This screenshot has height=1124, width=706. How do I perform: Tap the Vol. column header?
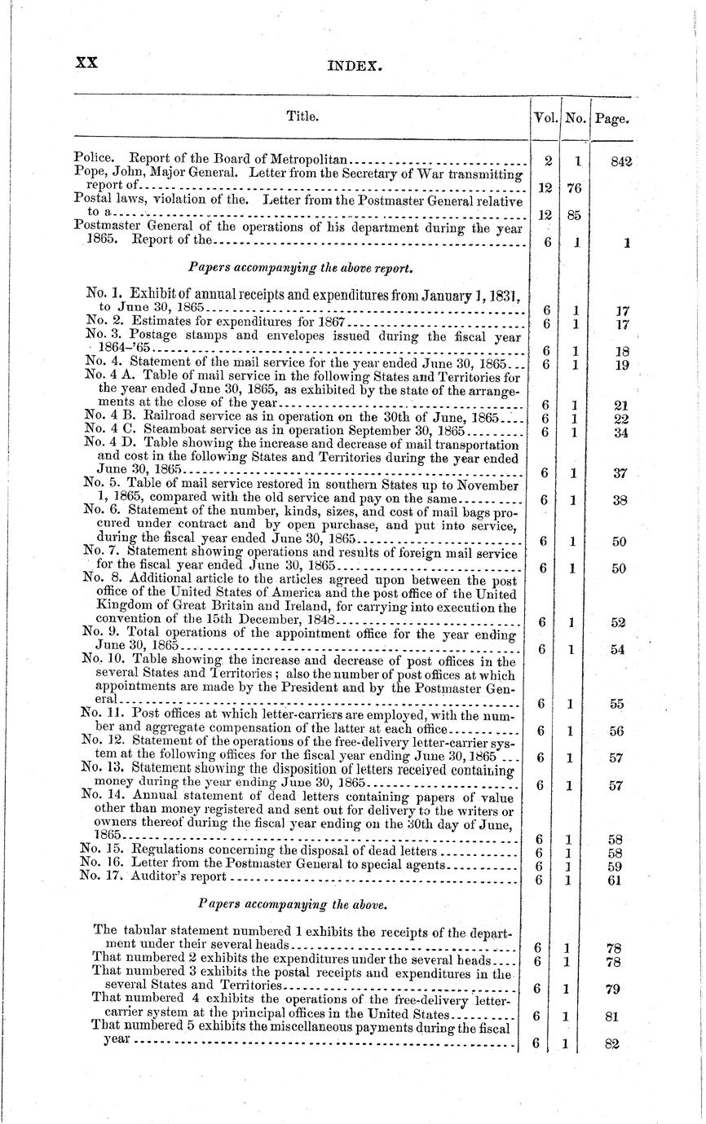pyautogui.click(x=545, y=117)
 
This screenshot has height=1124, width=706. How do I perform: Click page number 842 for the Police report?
pyautogui.click(x=621, y=162)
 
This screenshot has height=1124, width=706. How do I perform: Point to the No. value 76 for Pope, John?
pyautogui.click(x=574, y=188)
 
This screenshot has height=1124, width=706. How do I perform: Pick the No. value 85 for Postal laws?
pyautogui.click(x=574, y=216)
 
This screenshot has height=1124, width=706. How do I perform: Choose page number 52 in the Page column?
pyautogui.click(x=617, y=622)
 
